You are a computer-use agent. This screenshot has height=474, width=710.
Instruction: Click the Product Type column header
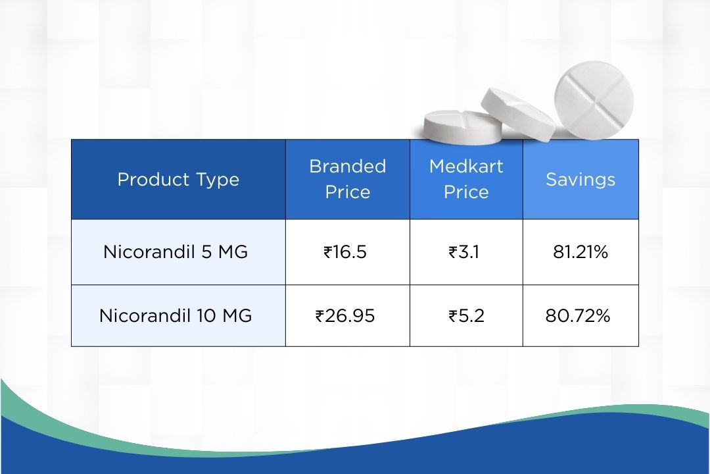point(178,179)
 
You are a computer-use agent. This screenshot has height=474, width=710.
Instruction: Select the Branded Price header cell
point(348,179)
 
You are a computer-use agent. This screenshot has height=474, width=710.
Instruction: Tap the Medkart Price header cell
point(466,179)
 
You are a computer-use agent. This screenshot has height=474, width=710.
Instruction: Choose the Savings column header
point(580,180)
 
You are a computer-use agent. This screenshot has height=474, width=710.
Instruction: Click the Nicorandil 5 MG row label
point(176,251)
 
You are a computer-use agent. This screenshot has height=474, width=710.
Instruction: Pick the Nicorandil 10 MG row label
point(176,316)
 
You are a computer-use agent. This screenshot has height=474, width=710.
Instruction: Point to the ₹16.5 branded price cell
point(345,251)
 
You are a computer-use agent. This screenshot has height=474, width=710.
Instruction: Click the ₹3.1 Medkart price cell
point(465,251)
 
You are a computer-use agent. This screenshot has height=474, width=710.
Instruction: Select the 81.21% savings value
point(580,251)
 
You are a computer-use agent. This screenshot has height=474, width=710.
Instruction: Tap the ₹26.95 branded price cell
point(345,316)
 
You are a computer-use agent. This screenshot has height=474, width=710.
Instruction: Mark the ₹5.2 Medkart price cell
point(466,316)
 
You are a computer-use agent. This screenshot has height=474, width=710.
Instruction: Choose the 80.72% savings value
point(578,316)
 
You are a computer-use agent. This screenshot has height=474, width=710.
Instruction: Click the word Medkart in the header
point(466,167)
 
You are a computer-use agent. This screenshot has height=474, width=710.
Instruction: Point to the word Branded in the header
point(348,167)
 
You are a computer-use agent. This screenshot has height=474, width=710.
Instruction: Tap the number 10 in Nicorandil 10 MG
point(204,316)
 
